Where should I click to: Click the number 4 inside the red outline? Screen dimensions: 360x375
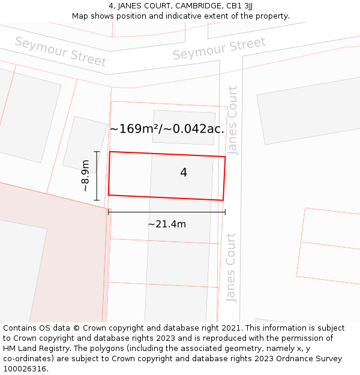pos(184,173)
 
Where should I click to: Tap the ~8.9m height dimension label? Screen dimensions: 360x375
pos(85,175)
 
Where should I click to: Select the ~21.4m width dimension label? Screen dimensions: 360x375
pos(167,224)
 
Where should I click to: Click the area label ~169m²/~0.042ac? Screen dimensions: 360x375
pos(167,128)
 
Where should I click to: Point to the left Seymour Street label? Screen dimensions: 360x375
pos(60,52)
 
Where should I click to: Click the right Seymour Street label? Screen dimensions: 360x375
pos(219,49)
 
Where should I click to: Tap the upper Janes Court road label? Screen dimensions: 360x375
pos(233,120)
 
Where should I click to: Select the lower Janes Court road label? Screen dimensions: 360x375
pos(231,267)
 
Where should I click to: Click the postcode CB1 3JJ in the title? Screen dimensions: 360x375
pos(238,5)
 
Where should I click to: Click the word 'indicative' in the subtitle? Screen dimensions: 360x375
pos(180,16)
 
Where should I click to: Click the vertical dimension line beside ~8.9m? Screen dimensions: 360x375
pos(97,175)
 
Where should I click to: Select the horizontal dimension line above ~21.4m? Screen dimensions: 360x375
pos(167,212)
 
